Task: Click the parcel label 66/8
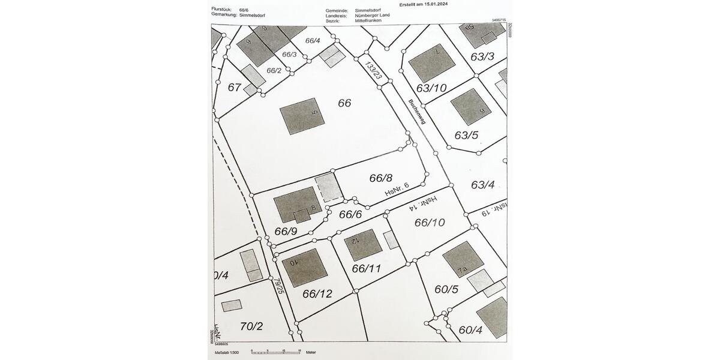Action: click(380, 178)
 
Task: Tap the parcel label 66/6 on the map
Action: click(350, 214)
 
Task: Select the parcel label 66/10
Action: click(430, 223)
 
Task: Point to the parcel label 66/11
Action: click(367, 268)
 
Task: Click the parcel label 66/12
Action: click(317, 293)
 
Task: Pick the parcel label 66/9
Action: click(286, 231)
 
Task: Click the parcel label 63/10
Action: click(431, 88)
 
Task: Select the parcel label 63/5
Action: click(466, 135)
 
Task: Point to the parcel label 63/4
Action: click(482, 184)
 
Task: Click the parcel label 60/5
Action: click(446, 289)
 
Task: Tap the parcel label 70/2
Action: click(251, 326)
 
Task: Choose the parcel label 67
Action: click(235, 87)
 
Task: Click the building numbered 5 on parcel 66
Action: click(302, 116)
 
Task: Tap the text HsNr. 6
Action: click(397, 190)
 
